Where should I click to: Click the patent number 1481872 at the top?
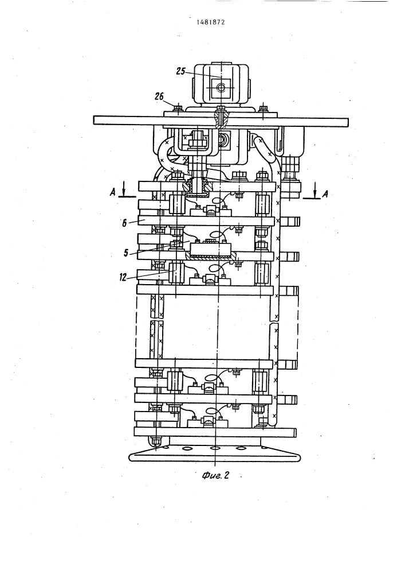point(211,22)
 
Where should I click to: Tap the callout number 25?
point(181,71)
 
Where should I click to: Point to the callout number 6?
point(124,223)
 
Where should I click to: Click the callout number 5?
point(125,253)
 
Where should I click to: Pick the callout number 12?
point(123,277)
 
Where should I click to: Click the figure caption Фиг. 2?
point(215,475)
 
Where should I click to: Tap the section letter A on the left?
point(113,192)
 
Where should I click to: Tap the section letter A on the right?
point(324,193)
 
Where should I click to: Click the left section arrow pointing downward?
point(123,191)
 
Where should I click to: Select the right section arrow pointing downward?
point(315,192)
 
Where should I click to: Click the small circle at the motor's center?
point(221,87)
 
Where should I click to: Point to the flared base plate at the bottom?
point(215,455)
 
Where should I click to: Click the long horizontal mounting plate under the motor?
point(221,121)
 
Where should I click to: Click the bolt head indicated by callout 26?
point(178,108)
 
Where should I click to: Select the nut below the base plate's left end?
point(156,440)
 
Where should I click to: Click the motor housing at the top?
point(221,84)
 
